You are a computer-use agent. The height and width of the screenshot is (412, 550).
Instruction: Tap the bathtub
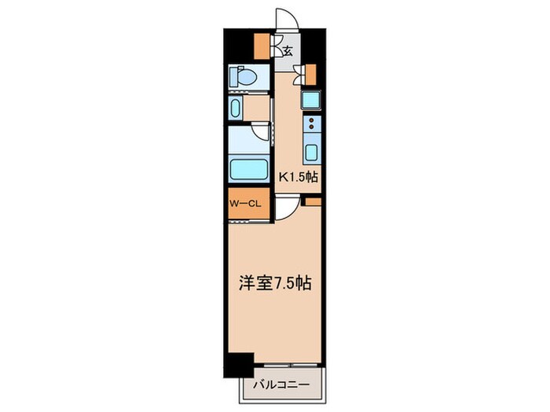(248, 170)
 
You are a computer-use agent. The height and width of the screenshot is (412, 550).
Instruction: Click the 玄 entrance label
(288, 53)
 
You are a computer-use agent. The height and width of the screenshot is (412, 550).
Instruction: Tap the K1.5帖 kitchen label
(299, 177)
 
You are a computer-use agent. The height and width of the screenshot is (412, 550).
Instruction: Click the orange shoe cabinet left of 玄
(260, 46)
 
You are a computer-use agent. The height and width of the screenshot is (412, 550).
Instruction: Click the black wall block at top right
(314, 42)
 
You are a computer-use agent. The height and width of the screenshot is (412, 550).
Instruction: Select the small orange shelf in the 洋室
(312, 202)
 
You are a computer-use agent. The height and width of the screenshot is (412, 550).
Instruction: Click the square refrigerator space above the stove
(310, 100)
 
